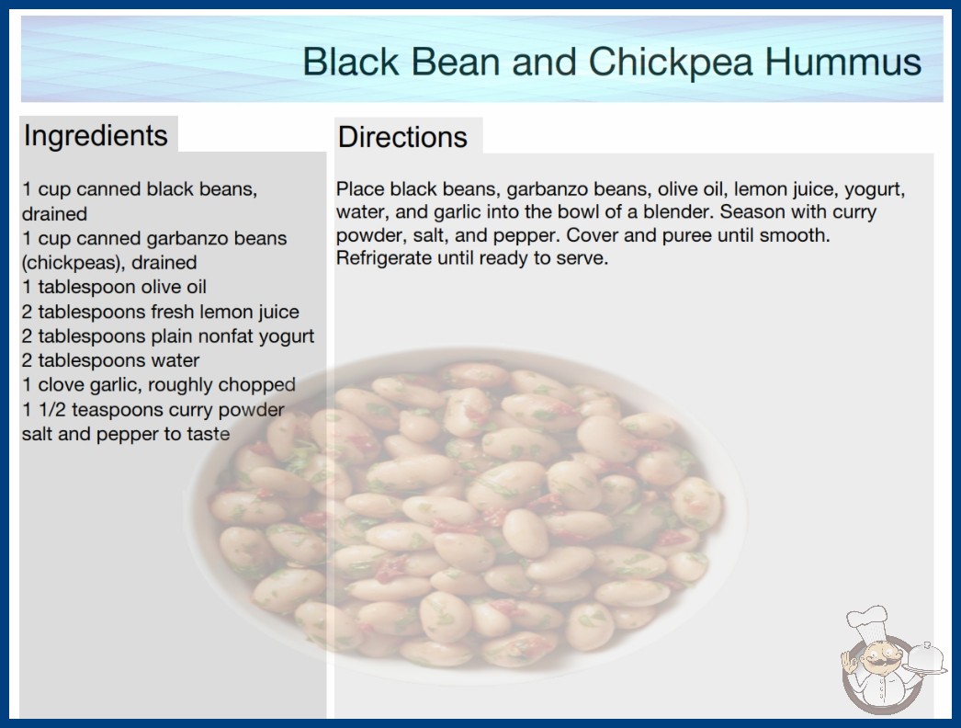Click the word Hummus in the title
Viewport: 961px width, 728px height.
point(843,62)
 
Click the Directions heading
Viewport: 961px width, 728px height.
point(402,137)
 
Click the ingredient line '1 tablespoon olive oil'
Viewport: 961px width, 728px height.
point(114,287)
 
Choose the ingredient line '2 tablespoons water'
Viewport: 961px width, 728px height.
point(110,360)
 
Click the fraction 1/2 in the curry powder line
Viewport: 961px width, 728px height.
point(52,410)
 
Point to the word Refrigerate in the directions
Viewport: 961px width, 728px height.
point(384,258)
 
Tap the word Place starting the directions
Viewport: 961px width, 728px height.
point(360,189)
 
